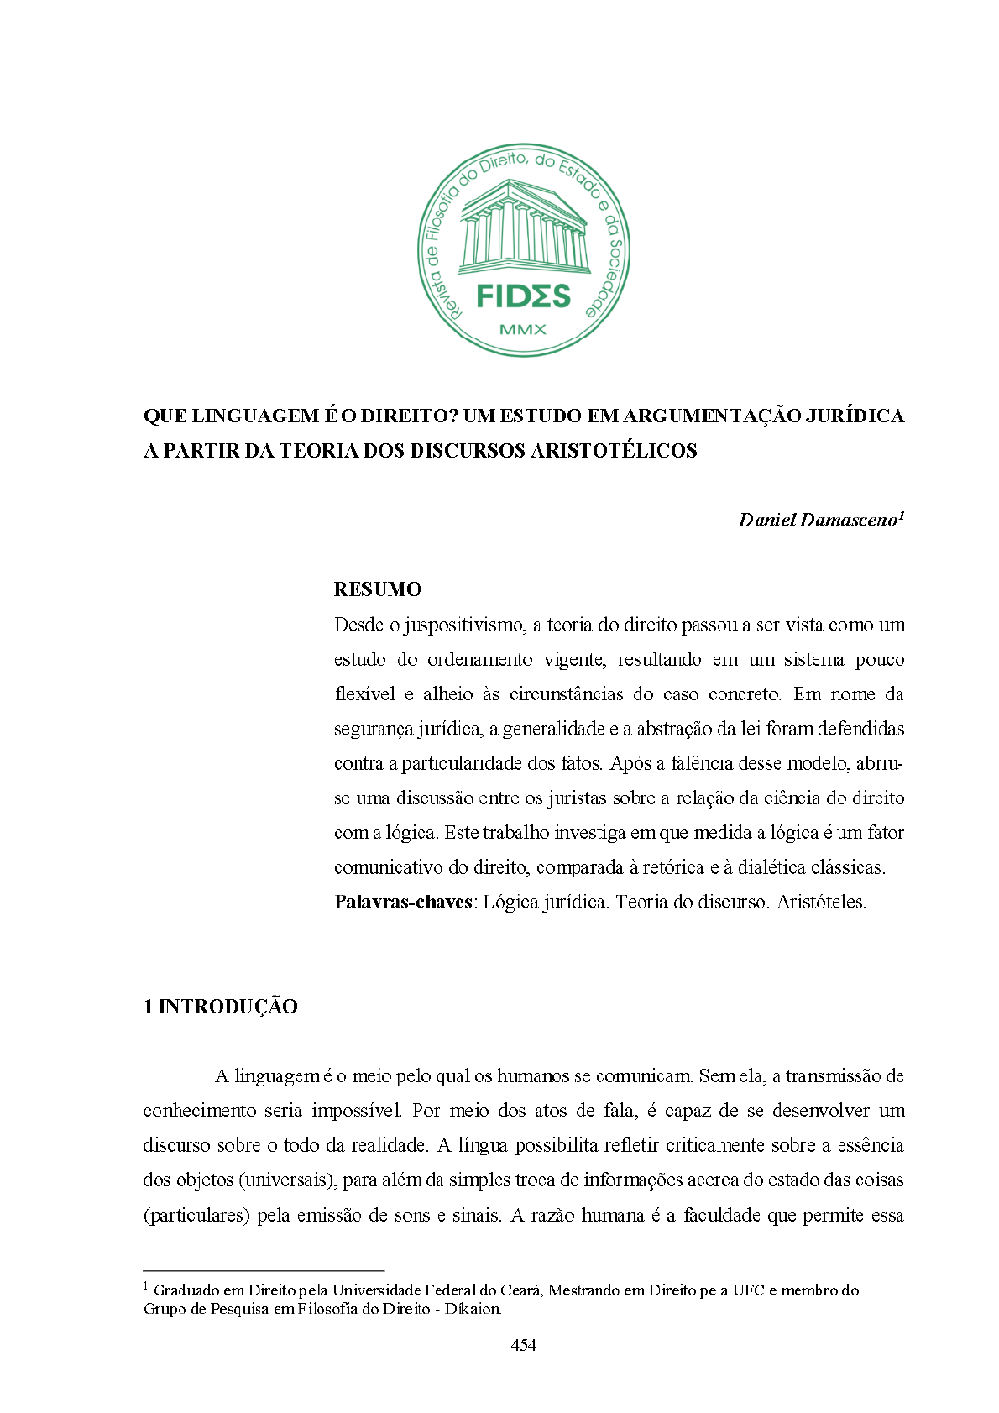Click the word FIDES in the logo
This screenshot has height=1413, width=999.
pyautogui.click(x=523, y=296)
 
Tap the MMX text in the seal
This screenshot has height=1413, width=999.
pyautogui.click(x=523, y=329)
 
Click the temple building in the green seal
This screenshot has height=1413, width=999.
pyautogui.click(x=522, y=228)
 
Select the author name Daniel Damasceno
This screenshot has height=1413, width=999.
pyautogui.click(x=818, y=521)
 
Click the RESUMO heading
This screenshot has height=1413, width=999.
pyautogui.click(x=377, y=589)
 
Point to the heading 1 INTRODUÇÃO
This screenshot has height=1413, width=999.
pyautogui.click(x=220, y=1007)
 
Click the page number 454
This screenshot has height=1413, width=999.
pyautogui.click(x=523, y=1345)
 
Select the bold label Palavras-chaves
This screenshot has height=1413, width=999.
pyautogui.click(x=403, y=903)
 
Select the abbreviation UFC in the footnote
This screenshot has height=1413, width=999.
pyautogui.click(x=748, y=1290)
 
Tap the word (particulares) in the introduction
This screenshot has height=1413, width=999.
pyautogui.click(x=196, y=1216)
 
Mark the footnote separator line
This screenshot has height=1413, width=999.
pyautogui.click(x=264, y=1271)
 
